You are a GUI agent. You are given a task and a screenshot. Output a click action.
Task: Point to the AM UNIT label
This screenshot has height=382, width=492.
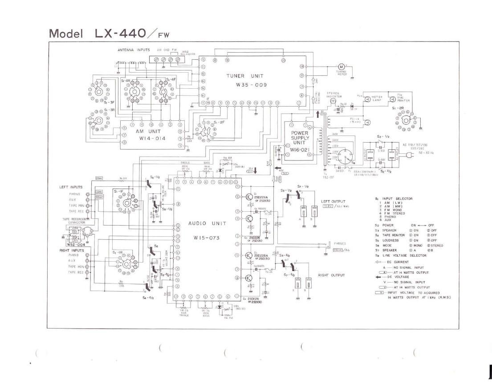(148, 131)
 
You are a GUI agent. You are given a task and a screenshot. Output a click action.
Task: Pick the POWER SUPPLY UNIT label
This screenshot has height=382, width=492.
(300, 138)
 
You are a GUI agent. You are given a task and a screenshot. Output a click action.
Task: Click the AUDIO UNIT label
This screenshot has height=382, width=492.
(207, 224)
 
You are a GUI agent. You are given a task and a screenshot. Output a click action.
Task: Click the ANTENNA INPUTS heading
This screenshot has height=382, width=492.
(134, 49)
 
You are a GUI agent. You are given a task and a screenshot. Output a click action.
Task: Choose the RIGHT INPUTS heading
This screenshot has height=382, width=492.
(72, 251)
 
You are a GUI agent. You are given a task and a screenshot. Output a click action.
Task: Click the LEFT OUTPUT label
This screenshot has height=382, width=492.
(333, 201)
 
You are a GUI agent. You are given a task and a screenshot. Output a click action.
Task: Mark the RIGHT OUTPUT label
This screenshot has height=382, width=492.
(331, 275)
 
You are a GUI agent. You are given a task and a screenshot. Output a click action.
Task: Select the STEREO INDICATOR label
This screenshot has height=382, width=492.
(333, 95)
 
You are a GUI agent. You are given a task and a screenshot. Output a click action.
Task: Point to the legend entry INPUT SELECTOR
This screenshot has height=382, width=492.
(397, 198)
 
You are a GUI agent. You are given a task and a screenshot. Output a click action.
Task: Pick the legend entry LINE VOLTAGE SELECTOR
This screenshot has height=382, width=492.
(404, 255)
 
